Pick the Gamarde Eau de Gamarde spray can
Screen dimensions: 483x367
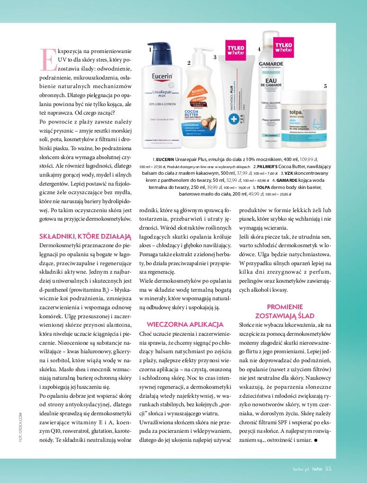pyautogui.click(x=277, y=95)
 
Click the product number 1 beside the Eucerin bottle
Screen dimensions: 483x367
pyautogui.click(x=149, y=49)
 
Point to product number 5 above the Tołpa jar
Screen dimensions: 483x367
pyautogui.click(x=325, y=86)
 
